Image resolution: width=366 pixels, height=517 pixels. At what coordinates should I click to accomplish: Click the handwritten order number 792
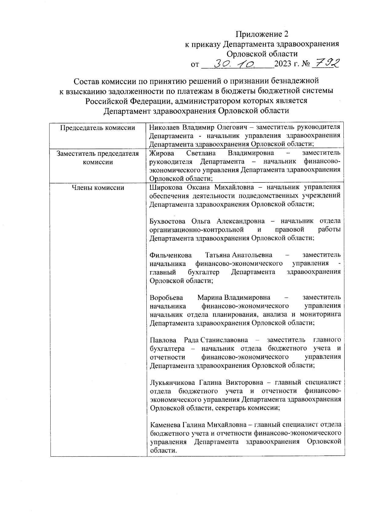click(x=328, y=63)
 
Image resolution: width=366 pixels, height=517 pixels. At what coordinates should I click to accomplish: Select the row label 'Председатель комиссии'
click(x=98, y=128)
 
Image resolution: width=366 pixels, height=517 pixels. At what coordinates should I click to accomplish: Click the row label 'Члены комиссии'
click(x=98, y=188)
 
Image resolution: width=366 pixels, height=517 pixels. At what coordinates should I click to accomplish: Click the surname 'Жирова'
click(x=161, y=153)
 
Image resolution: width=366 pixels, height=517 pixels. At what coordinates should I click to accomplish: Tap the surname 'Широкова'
click(x=165, y=187)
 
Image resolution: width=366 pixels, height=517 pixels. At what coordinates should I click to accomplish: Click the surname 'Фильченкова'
click(x=170, y=255)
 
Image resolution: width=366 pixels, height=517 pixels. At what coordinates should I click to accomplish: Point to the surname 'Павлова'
click(x=163, y=339)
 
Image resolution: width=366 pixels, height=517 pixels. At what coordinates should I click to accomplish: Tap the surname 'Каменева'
click(x=165, y=424)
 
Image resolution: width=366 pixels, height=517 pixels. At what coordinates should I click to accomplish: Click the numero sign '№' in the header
click(x=306, y=64)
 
